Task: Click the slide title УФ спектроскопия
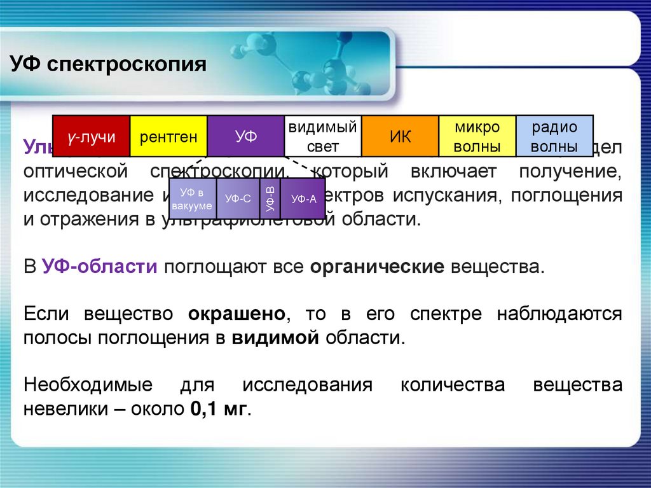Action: [108, 65]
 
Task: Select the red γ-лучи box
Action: [91, 136]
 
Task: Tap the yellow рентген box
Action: [168, 136]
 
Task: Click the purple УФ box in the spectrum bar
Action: [245, 136]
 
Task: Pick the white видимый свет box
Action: [322, 136]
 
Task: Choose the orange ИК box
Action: [400, 136]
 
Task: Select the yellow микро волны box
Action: [477, 136]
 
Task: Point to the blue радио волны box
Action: [554, 136]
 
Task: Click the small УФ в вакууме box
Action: [193, 198]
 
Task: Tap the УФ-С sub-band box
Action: [238, 199]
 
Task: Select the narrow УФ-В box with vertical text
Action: [270, 199]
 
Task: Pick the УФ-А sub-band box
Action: [303, 199]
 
